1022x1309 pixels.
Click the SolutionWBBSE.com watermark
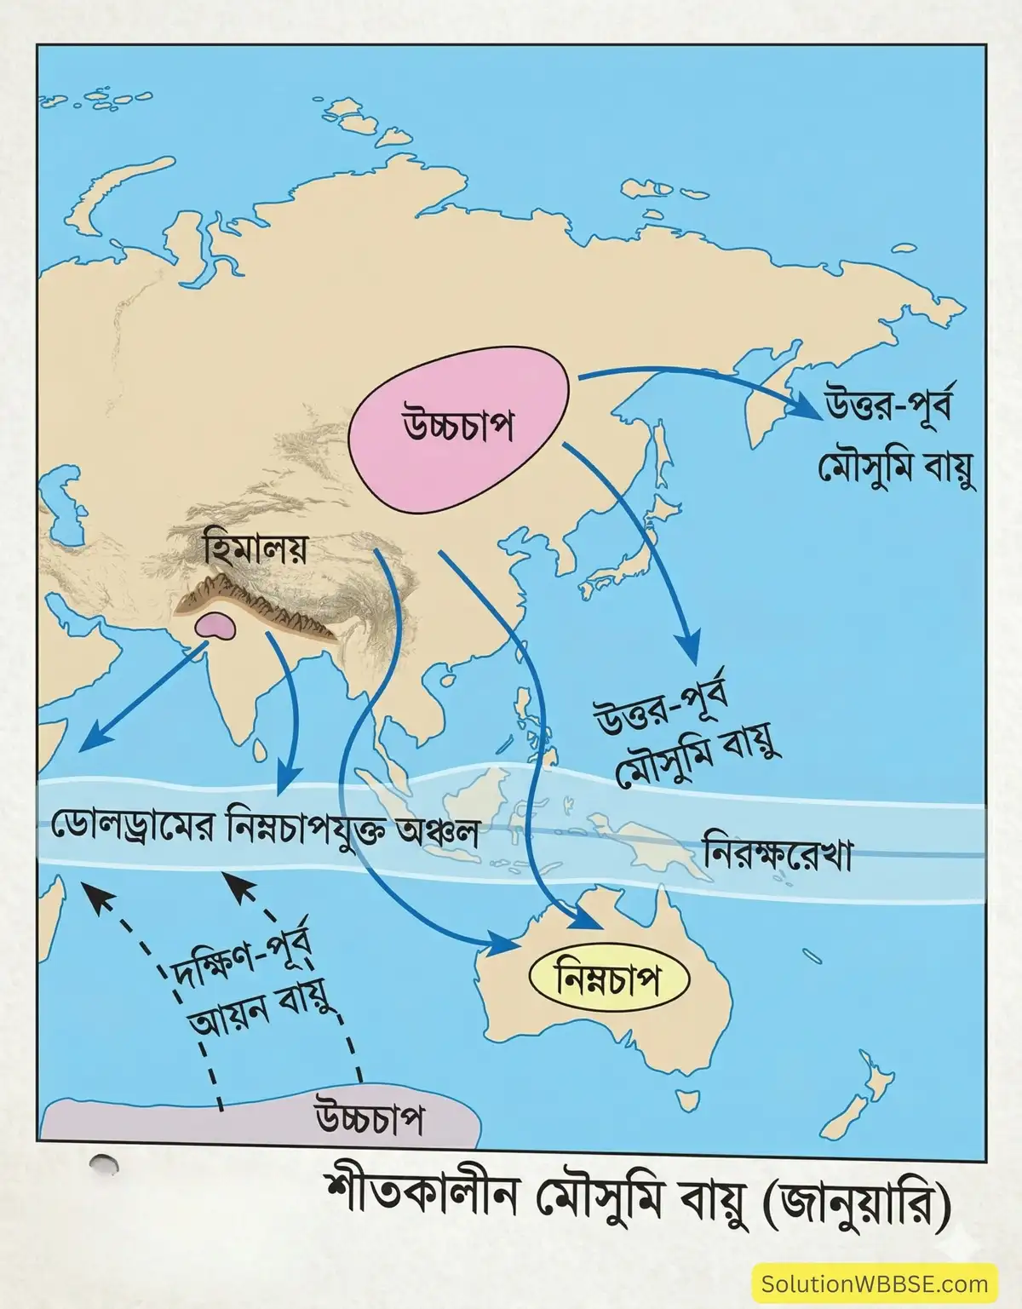(x=875, y=1283)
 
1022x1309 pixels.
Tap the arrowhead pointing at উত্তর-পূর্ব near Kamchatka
(x=813, y=410)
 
